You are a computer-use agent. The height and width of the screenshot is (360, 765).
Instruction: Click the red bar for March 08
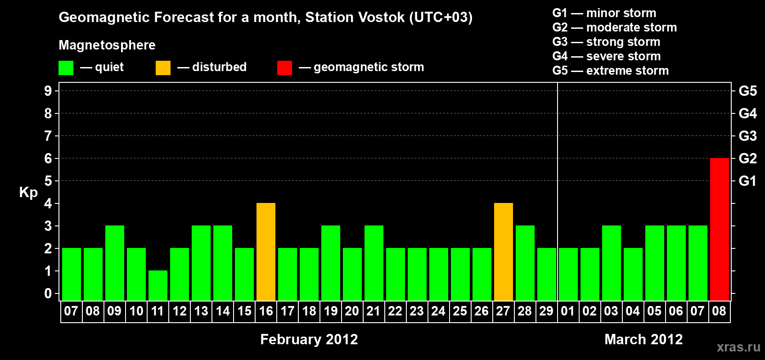coord(719,229)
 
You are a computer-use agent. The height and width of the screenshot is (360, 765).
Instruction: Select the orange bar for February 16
coord(265,252)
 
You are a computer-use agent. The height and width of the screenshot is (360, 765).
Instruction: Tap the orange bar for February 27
coord(504,252)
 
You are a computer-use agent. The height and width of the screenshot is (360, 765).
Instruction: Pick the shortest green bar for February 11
coord(158,286)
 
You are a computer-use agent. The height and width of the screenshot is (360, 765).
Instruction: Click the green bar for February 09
coord(115,263)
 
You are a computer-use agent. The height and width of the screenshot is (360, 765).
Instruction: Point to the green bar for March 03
coord(611,263)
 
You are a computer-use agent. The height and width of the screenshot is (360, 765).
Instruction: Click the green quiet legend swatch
coord(66,67)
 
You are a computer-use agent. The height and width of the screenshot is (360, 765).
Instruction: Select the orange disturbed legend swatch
coord(163,67)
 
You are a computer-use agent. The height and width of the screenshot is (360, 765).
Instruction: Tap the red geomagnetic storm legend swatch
coord(284,67)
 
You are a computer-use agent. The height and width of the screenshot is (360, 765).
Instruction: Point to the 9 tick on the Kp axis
coord(48,91)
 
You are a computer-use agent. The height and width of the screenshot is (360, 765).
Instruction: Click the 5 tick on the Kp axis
coord(48,181)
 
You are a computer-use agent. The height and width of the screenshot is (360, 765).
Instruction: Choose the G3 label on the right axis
coord(747,136)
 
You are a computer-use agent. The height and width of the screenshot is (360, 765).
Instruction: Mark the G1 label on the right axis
coord(747,181)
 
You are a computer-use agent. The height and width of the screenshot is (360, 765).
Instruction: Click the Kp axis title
coord(28,193)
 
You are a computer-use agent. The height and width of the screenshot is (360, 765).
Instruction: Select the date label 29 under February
coord(546,311)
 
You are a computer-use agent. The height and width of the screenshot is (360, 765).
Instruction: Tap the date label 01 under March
coord(567,311)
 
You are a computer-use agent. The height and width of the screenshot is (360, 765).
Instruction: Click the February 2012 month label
coord(309,339)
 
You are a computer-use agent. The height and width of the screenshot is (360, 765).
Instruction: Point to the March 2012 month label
coord(643,339)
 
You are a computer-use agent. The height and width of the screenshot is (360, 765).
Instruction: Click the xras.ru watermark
coord(739,347)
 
